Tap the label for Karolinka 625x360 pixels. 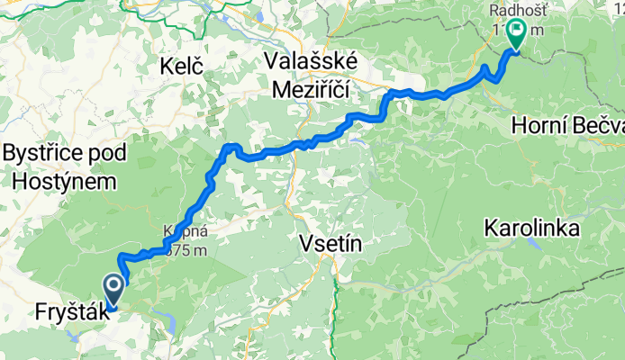pyautogui.click(x=530, y=229)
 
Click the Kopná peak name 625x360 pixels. pyautogui.click(x=180, y=231)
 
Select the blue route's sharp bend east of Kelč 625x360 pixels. pyautogui.click(x=231, y=147)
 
